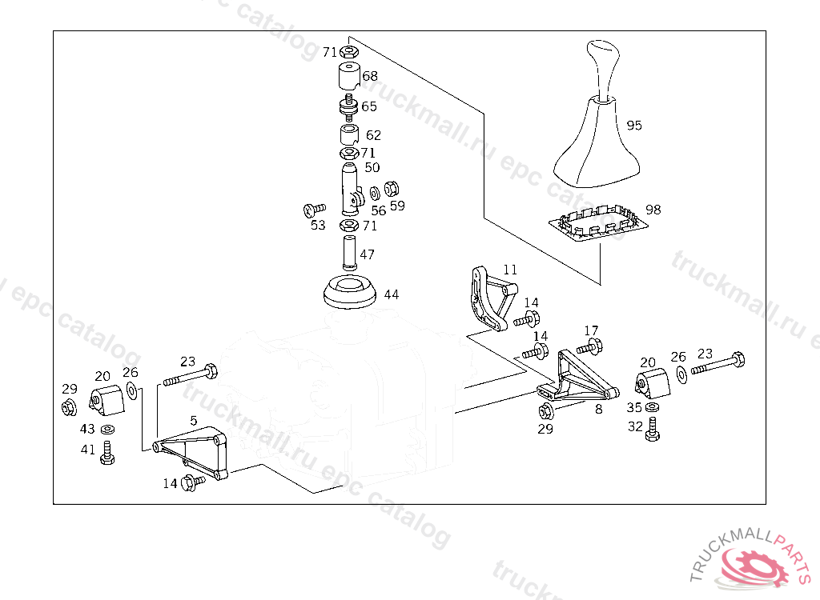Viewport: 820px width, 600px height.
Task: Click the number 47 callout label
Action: (367, 255)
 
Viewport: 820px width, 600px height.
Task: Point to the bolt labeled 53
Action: (311, 210)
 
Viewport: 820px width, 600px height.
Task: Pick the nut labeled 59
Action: (392, 189)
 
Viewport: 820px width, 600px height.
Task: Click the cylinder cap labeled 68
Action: (348, 77)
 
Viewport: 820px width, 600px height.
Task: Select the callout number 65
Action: (369, 106)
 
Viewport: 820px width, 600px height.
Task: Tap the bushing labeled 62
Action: (348, 134)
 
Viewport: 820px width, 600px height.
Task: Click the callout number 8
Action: (598, 409)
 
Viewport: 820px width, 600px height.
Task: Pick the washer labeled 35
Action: (653, 408)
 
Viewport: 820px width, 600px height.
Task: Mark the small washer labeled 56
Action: (376, 194)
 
